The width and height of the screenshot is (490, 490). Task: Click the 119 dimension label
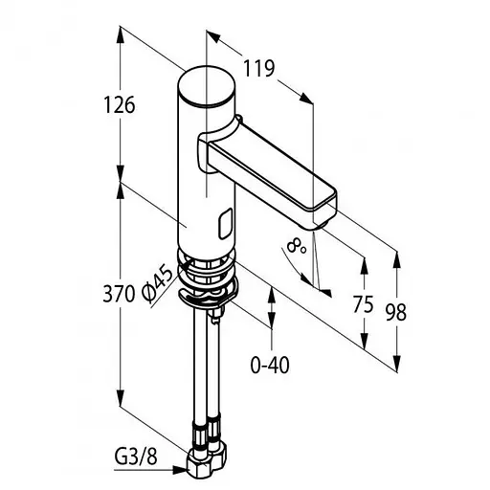258,68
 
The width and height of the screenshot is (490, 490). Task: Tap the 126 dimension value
120,104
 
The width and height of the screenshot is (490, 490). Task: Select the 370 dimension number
119,294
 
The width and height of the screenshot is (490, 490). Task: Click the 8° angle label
296,247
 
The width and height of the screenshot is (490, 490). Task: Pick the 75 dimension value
363,304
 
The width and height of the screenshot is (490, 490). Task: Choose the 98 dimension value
396,312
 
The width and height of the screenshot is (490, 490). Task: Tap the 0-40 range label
270,365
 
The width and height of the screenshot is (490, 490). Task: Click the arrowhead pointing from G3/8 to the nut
179,470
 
